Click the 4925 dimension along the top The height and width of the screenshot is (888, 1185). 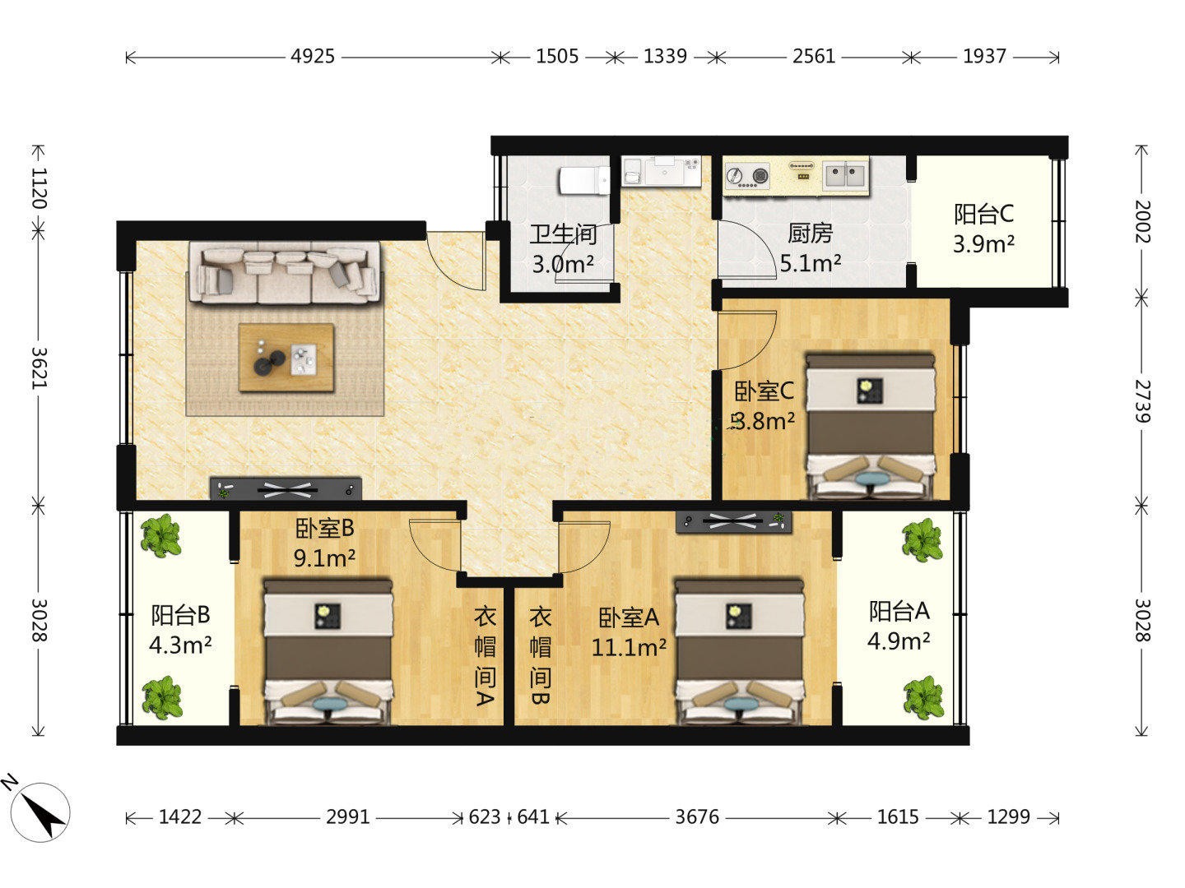coord(313,56)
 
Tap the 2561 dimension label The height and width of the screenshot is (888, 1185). coord(814,56)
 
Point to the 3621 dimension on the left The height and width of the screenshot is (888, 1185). coord(39,368)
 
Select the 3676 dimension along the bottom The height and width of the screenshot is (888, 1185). coord(697,816)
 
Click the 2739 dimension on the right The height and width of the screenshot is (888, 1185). coord(1142,401)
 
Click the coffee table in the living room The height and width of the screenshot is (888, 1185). coord(286,358)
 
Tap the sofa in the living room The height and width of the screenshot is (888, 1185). coord(285,273)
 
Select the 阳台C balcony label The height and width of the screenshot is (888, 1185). coord(983,214)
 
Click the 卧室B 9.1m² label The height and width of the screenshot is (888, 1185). coord(324,543)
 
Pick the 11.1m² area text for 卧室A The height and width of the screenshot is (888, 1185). coord(629,647)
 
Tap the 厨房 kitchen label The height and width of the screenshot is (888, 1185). coord(810,234)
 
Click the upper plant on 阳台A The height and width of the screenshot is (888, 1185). coord(922,539)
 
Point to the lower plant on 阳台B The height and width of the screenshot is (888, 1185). coord(161,697)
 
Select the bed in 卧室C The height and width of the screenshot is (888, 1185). coord(871,425)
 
